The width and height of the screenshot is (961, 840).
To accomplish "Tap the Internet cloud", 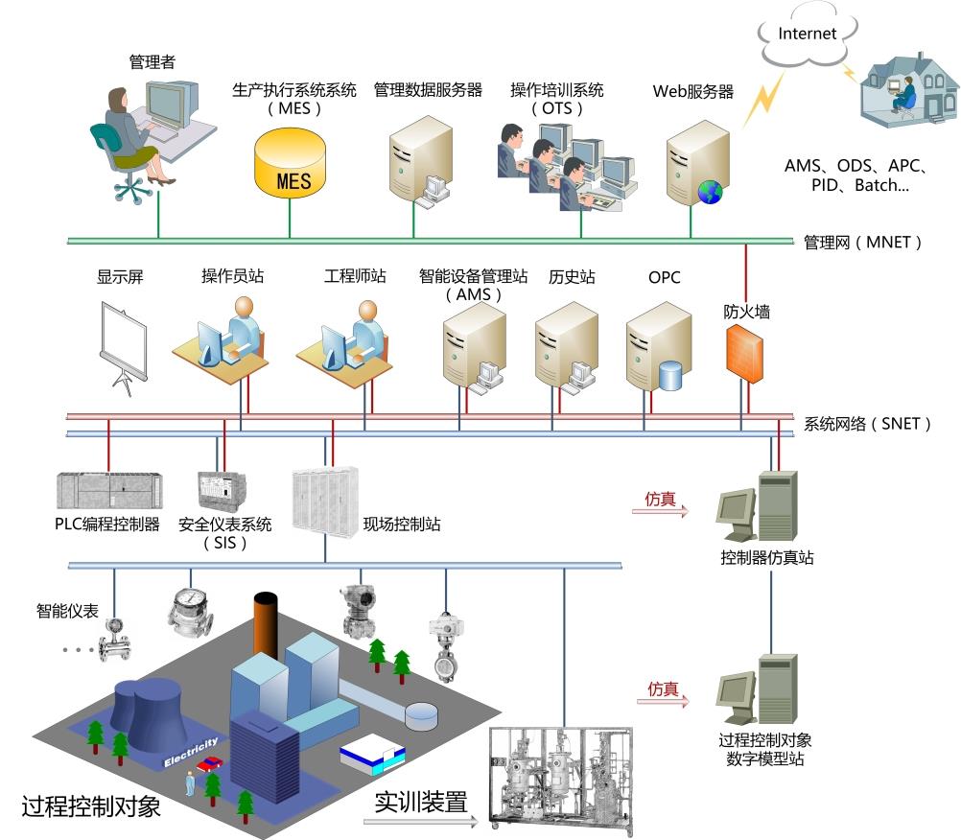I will pos(807,36).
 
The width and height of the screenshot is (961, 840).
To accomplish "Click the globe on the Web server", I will pos(710,193).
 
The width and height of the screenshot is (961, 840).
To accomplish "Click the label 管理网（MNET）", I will pos(862,243).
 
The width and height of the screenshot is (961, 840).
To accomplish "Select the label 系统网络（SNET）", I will pos(867,423).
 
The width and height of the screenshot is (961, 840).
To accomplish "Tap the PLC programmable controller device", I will pos(108,492).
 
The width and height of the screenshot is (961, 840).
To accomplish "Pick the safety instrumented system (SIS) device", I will pos(222,491).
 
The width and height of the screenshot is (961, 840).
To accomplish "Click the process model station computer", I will pos(757,690).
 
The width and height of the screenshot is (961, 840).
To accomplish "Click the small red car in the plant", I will pos(210,764).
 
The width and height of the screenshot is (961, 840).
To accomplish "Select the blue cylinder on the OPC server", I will pos(669,375).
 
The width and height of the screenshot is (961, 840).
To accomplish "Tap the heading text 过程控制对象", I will pos(91,805).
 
